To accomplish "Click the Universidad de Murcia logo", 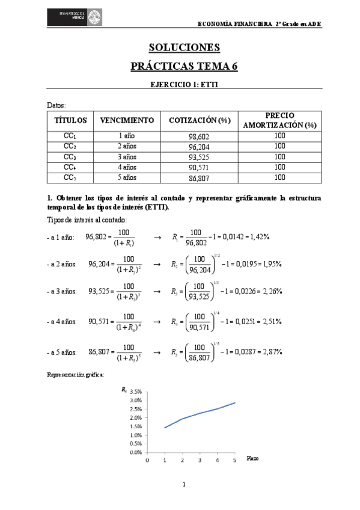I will tap(78, 17).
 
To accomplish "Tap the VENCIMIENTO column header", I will tap(127, 120).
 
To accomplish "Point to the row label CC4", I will tap(70, 167).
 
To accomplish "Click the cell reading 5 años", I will tap(127, 177).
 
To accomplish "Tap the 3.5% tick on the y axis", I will tap(135, 391).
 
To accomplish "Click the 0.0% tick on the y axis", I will tap(135, 452).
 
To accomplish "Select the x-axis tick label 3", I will tap(200, 460).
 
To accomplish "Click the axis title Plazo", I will tap(253, 459).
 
